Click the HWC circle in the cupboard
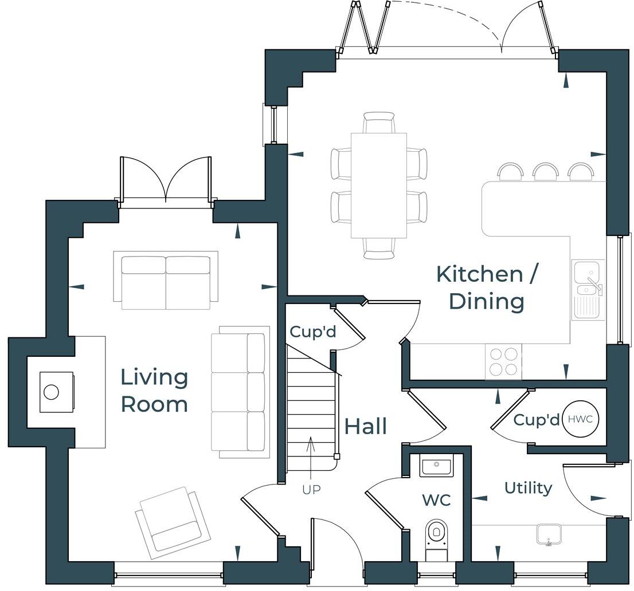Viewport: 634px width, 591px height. [x=582, y=419]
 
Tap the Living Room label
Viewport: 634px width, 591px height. [x=154, y=391]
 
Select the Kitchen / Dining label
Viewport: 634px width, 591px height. [x=487, y=287]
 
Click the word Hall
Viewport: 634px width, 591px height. [x=366, y=427]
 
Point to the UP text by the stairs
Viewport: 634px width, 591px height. [x=311, y=490]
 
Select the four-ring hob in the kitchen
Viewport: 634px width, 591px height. [x=504, y=361]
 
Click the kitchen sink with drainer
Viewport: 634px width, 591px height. [x=588, y=289]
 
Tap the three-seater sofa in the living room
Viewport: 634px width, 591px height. [x=240, y=392]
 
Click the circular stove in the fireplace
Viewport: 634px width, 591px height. [x=52, y=392]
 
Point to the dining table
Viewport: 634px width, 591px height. [x=378, y=185]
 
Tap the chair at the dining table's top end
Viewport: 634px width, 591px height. [x=379, y=123]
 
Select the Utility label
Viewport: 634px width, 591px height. [x=528, y=488]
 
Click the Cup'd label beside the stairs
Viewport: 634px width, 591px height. [x=312, y=332]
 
